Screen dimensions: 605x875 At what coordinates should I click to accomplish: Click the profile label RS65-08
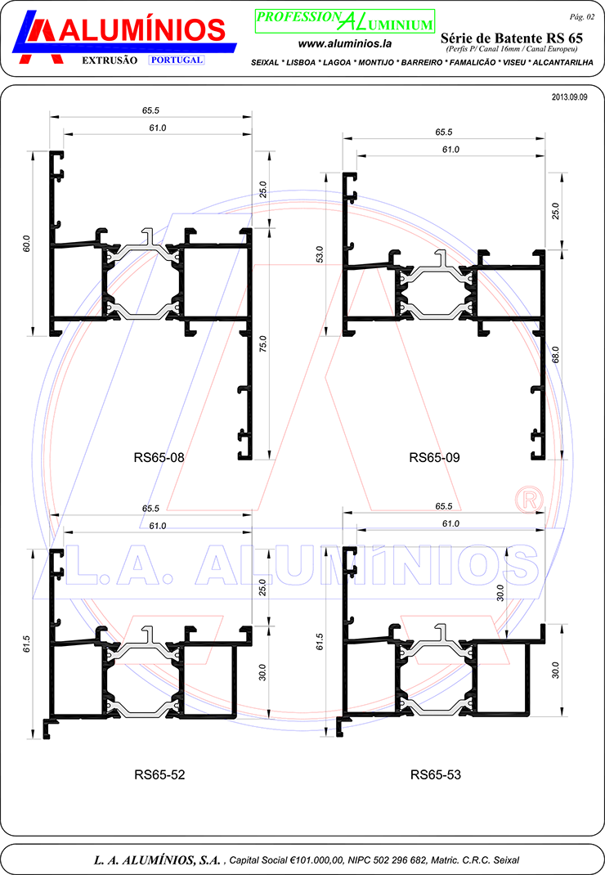[159, 458]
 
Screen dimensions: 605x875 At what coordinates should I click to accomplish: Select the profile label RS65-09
[434, 458]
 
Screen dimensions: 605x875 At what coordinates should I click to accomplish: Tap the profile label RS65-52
[159, 774]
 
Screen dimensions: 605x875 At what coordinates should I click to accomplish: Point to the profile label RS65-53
[435, 774]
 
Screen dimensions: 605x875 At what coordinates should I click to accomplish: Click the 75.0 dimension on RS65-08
[263, 343]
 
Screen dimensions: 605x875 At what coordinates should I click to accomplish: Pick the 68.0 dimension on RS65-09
[555, 354]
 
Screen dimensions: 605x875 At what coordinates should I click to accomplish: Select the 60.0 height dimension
[26, 244]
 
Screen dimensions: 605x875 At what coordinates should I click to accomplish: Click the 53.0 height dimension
[319, 254]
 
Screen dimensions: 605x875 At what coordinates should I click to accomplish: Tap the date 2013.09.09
[569, 97]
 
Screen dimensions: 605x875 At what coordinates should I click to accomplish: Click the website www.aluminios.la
[344, 43]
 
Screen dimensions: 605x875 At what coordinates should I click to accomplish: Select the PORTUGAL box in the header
[177, 60]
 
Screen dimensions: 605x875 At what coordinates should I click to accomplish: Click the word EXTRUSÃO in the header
[110, 61]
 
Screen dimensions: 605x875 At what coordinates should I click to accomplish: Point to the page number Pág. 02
[581, 17]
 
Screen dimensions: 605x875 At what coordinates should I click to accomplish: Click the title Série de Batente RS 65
[511, 38]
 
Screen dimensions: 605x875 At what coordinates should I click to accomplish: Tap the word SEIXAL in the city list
[265, 62]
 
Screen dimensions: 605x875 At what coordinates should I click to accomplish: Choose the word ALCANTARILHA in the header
[562, 62]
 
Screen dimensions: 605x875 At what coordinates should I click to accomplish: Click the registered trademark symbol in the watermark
[528, 500]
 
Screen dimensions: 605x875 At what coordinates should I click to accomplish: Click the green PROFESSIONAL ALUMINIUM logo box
[345, 21]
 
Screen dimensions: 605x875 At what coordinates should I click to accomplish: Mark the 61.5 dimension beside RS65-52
[26, 644]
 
